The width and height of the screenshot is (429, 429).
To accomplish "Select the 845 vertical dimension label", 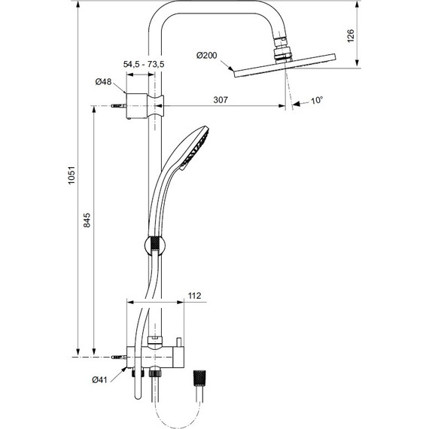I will pos(87,220).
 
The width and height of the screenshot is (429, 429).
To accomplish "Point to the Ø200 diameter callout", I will pos(206,56).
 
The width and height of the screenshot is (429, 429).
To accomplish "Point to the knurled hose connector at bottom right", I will pos(199,377).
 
